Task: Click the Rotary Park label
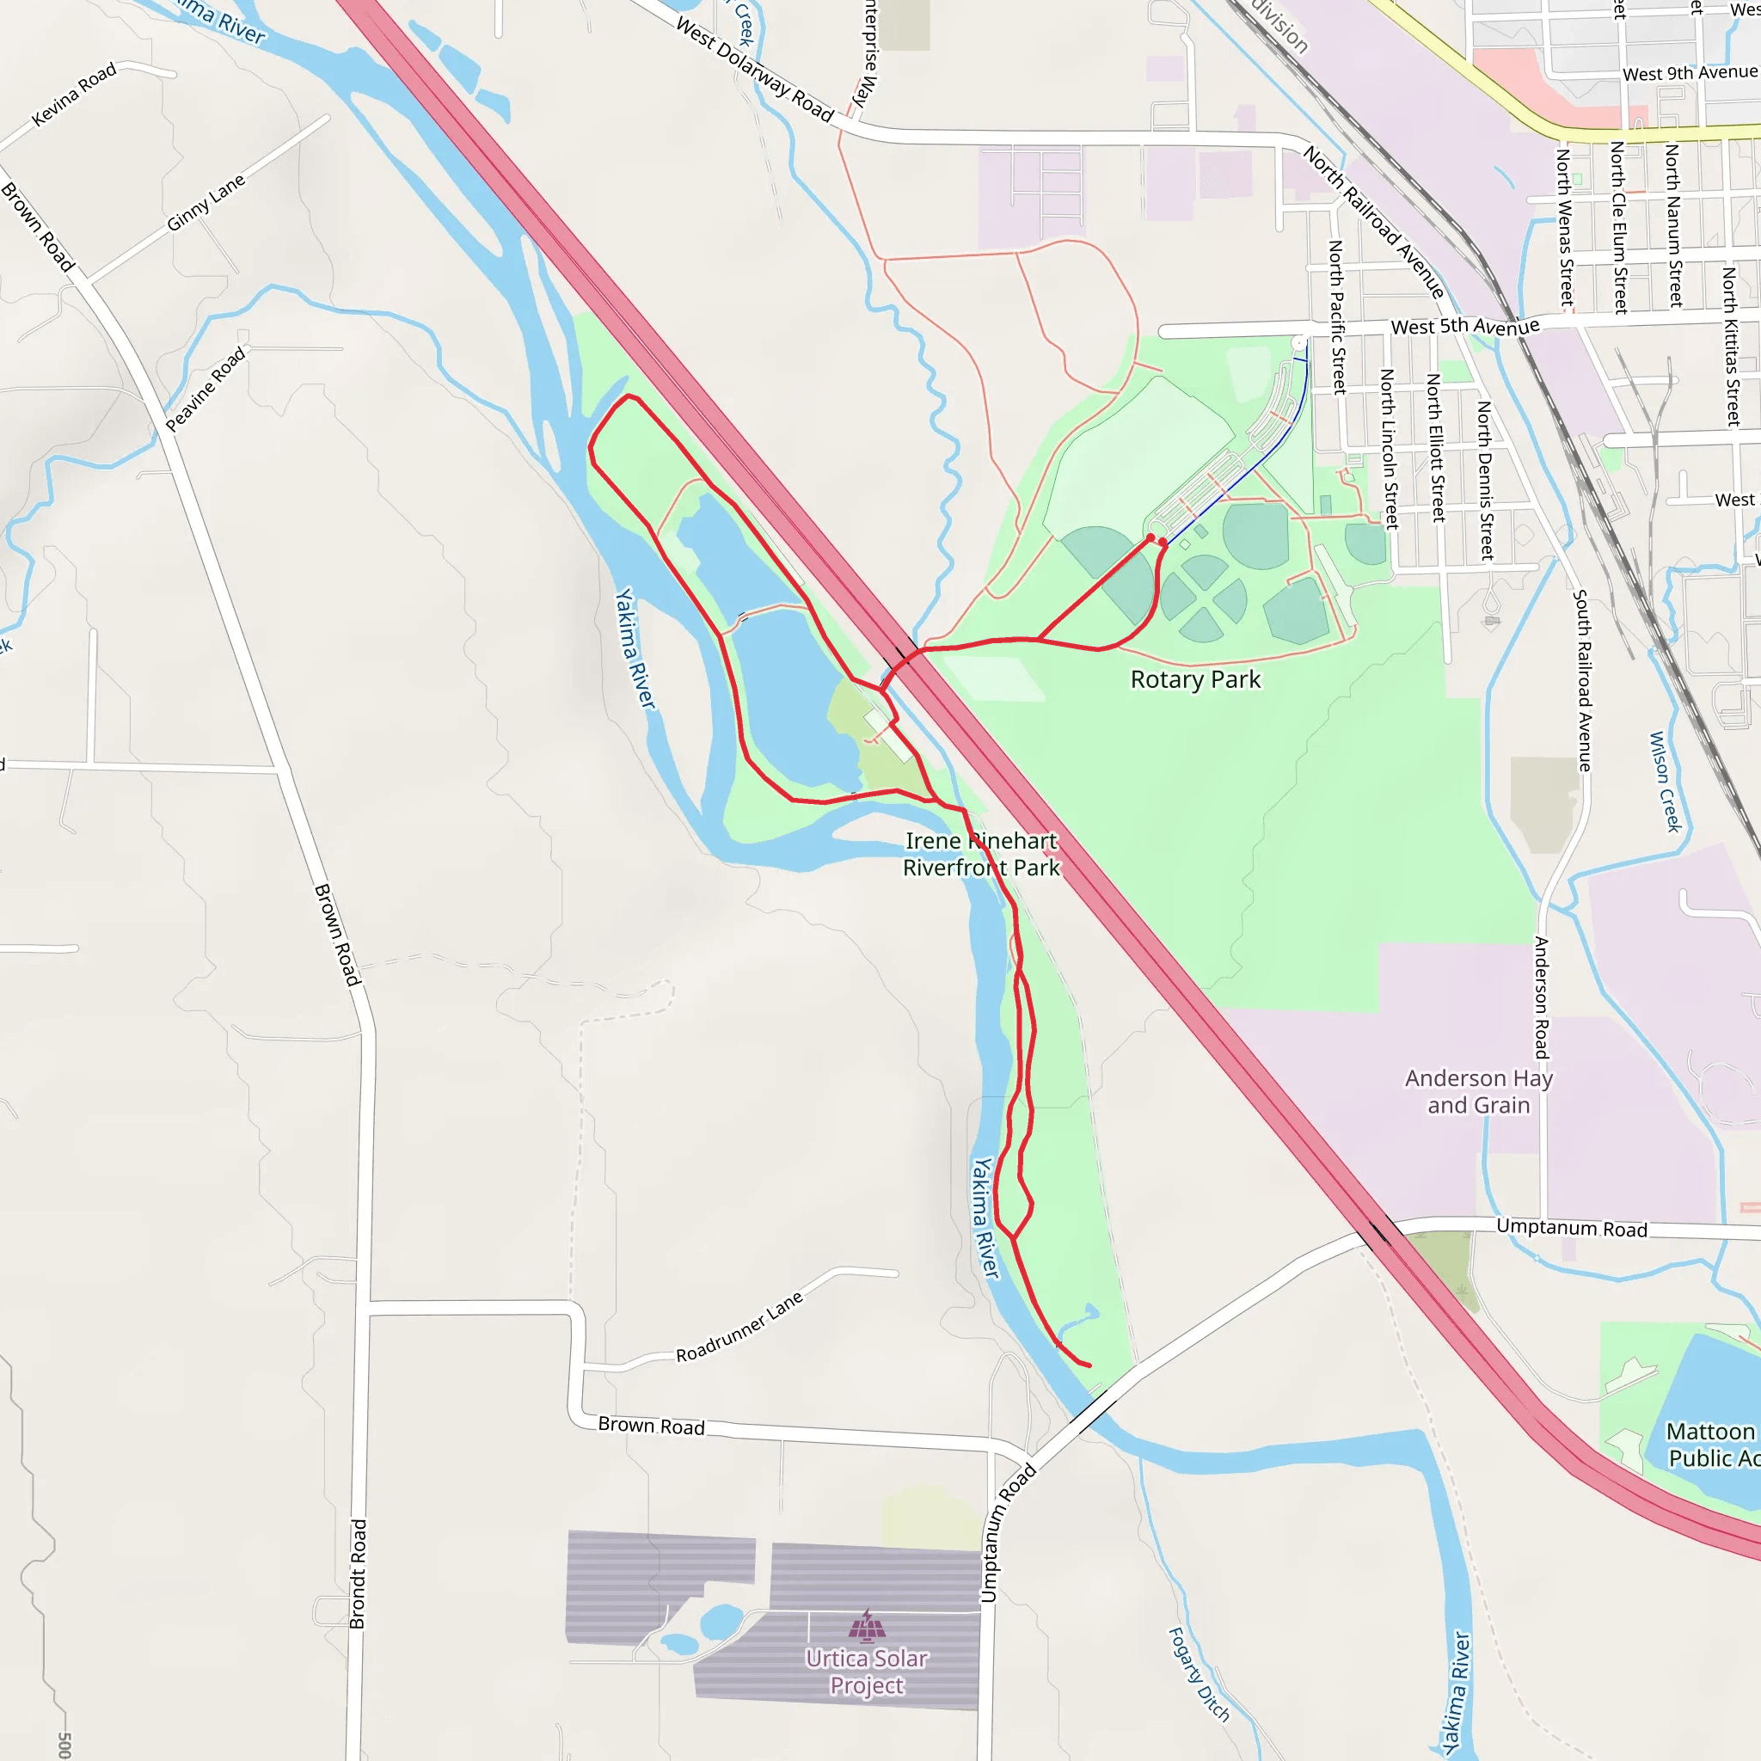(1195, 680)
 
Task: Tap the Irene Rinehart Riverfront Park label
(981, 854)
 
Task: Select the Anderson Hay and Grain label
(1478, 1091)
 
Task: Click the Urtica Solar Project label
(867, 1672)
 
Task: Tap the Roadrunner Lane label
(739, 1327)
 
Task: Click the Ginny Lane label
(206, 202)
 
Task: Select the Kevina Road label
(74, 94)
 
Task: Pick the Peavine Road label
(206, 389)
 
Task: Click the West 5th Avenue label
(1464, 326)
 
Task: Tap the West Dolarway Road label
(755, 70)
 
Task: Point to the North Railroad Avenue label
(1373, 222)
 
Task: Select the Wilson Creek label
(1665, 782)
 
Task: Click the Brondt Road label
(359, 1574)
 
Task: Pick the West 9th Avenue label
(1689, 73)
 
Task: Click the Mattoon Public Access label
(1712, 1445)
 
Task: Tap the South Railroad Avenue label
(1582, 680)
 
